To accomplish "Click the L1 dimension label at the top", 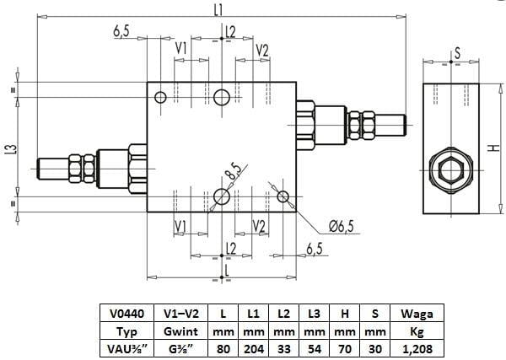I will click(218, 10).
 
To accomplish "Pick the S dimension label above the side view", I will click(456, 52).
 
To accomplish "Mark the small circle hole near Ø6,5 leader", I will click(283, 197).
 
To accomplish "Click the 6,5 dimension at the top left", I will click(121, 30).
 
